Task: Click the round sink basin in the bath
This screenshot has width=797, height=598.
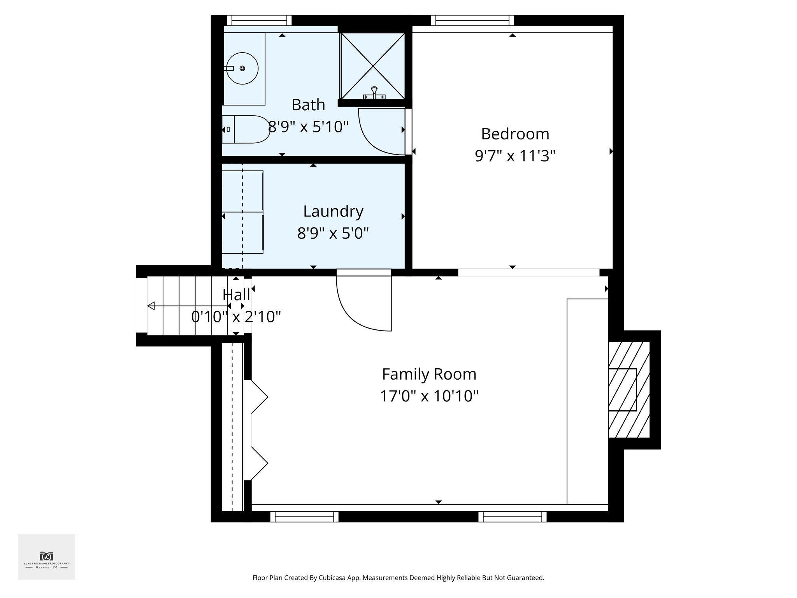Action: coord(242,69)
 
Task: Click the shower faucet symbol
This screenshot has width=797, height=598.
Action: coord(374,93)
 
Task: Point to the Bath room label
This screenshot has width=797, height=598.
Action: coord(308,105)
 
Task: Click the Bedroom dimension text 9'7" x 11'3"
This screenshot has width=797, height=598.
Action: coord(514,156)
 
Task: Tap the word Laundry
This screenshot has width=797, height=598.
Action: coord(333,211)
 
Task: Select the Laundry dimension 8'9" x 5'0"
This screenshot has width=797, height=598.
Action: coord(333,233)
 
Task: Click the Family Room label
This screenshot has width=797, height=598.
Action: coord(429,374)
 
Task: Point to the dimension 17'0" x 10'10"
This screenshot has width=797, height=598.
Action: coord(429,396)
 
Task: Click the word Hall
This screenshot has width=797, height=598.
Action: coord(236,295)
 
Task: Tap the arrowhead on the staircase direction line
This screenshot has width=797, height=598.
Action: coord(151,306)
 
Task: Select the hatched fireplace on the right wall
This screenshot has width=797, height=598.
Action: coord(629,389)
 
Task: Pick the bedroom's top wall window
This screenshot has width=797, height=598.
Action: coord(472,20)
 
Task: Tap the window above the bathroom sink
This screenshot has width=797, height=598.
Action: coord(259,20)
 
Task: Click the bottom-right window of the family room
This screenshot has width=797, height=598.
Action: coord(512,517)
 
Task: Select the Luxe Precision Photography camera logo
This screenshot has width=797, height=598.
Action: coord(46,556)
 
